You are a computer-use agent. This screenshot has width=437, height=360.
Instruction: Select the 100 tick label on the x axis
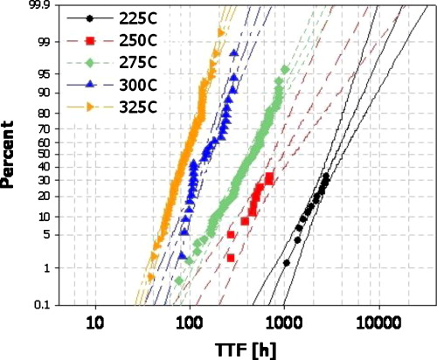click(x=190, y=322)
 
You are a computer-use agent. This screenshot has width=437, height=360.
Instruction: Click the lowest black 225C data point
click(x=287, y=263)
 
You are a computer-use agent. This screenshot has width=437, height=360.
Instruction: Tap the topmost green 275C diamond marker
click(x=284, y=69)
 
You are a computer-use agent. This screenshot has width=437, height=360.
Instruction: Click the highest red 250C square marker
click(x=269, y=177)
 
